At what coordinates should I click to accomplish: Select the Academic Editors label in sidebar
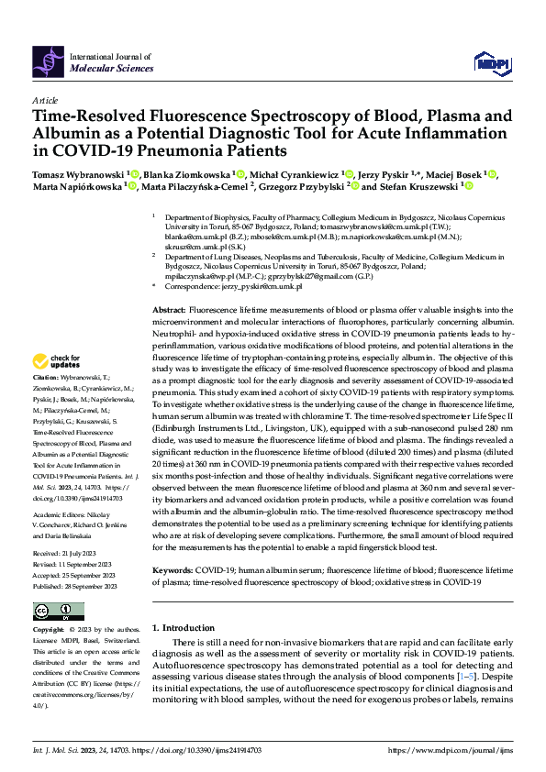coord(59,489)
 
